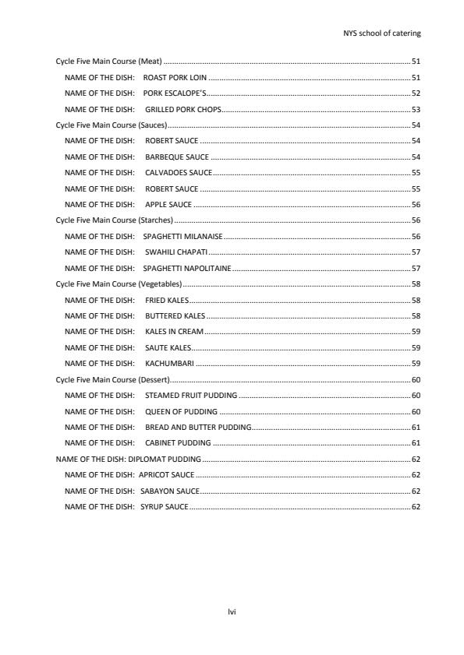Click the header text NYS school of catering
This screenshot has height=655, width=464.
pos(382,33)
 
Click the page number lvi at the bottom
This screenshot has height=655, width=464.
pos(232,612)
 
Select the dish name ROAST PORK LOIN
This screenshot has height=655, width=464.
pos(175,78)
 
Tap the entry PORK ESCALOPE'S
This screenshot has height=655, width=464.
pos(175,93)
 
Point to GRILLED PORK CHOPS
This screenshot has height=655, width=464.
pos(183,110)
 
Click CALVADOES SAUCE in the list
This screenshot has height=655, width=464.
pos(179,173)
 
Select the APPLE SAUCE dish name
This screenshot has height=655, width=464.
pos(168,205)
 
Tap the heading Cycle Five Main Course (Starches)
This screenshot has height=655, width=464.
pos(114,220)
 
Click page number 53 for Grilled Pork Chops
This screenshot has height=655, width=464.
pos(416,110)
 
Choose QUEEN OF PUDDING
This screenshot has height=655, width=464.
pos(182,411)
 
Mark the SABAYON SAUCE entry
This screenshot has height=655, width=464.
pos(170,491)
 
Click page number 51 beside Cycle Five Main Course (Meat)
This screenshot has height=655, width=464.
pos(416,62)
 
